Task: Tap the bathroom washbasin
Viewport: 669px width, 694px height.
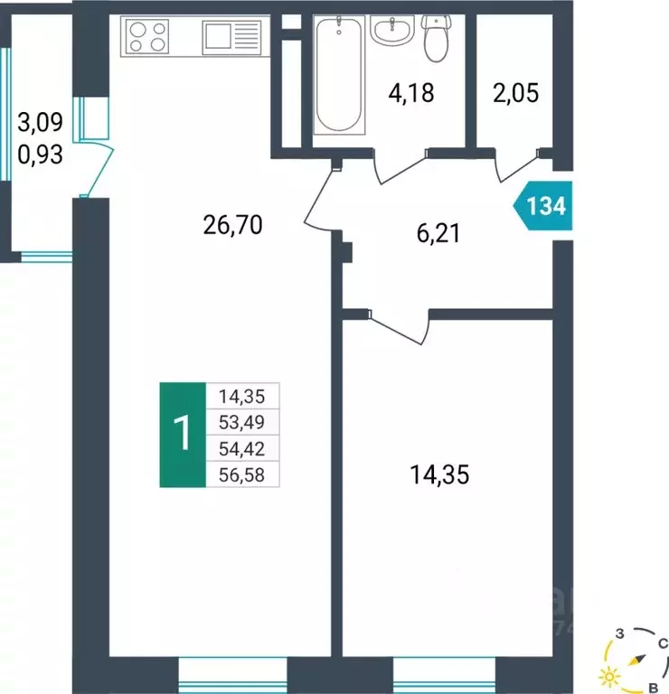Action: tap(394, 33)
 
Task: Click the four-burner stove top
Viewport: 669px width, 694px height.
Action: tap(148, 37)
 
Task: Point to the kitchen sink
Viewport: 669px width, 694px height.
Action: tap(221, 37)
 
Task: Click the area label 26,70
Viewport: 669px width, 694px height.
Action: tap(232, 224)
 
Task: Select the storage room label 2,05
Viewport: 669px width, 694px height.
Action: tap(516, 92)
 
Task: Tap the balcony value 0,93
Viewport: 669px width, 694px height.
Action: tap(40, 155)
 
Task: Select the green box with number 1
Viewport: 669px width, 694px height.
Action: tap(183, 435)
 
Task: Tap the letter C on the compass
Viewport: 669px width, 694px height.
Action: tap(663, 644)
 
